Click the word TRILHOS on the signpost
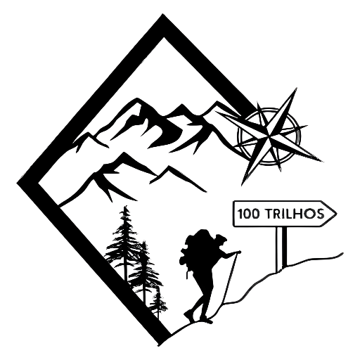[295, 214]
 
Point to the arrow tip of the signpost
[337, 214]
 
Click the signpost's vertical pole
[281, 249]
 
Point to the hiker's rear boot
[189, 316]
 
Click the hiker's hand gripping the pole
[238, 252]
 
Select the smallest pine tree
[159, 302]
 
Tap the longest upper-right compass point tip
[296, 89]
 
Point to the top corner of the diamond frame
[162, 15]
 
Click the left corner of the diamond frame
[18, 183]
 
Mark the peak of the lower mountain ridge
[123, 153]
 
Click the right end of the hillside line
[342, 253]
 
